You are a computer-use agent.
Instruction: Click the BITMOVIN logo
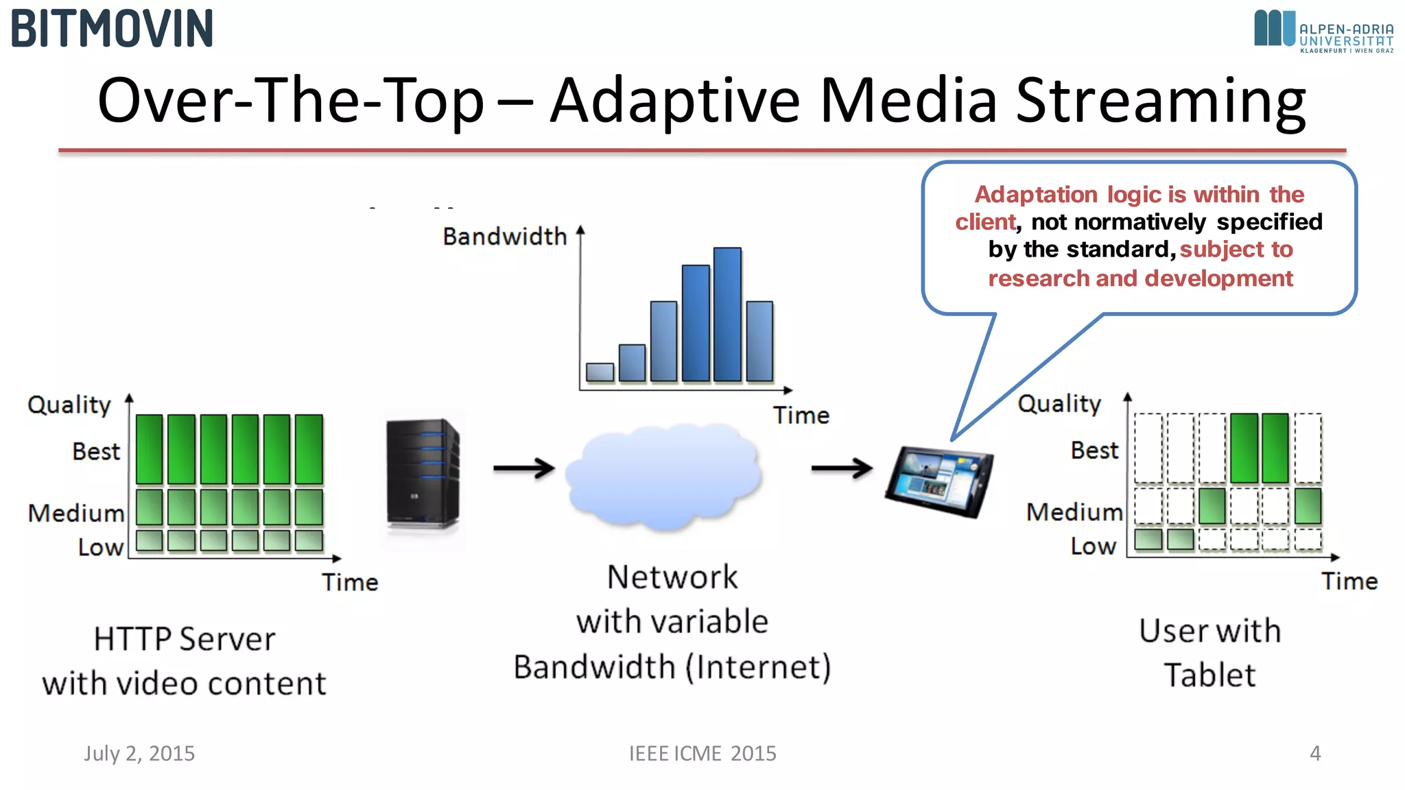point(112,29)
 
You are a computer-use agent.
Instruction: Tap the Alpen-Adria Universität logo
point(1323,31)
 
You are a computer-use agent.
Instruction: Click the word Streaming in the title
point(1160,101)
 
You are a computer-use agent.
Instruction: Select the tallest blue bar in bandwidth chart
point(727,314)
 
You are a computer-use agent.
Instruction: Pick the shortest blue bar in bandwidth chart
point(600,372)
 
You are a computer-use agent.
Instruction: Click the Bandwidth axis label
point(504,237)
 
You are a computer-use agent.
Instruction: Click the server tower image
point(422,473)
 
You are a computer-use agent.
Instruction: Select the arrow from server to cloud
point(523,468)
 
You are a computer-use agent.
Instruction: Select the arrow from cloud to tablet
point(841,468)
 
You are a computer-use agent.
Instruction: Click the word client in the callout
point(984,222)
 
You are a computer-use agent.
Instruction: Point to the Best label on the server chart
point(96,451)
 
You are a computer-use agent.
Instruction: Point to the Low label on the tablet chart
point(1093,546)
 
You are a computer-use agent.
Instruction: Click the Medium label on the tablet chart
point(1074,512)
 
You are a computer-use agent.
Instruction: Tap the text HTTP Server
point(184,639)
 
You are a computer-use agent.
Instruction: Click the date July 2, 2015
point(139,753)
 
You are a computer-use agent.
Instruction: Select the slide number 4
point(1314,753)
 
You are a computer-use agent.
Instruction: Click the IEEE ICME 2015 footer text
point(702,753)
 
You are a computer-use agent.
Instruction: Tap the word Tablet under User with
point(1209,675)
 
